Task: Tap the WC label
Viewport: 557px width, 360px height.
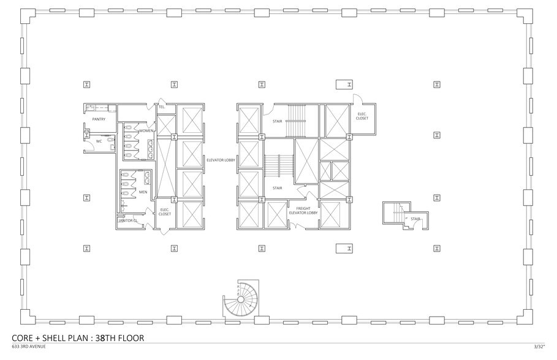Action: coord(98,141)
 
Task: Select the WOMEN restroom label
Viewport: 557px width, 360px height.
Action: coord(146,130)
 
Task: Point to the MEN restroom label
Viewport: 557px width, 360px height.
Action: coord(143,192)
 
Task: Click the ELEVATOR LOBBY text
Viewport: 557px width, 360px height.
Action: coord(221,160)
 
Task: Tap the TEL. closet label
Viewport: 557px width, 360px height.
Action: coord(162,107)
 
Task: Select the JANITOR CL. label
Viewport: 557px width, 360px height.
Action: coord(128,220)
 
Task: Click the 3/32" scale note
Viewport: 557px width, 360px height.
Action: coord(539,347)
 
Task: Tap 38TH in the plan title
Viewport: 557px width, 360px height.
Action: coord(102,337)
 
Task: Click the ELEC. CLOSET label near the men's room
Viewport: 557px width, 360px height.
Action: coord(165,212)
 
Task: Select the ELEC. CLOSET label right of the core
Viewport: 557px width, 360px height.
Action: coord(362,116)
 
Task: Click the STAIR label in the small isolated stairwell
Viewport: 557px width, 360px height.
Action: coord(415,218)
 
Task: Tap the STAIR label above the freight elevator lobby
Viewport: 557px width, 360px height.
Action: coord(277,188)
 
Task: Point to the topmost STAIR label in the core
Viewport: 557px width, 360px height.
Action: coord(277,121)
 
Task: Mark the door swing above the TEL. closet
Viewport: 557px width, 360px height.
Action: coord(161,101)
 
